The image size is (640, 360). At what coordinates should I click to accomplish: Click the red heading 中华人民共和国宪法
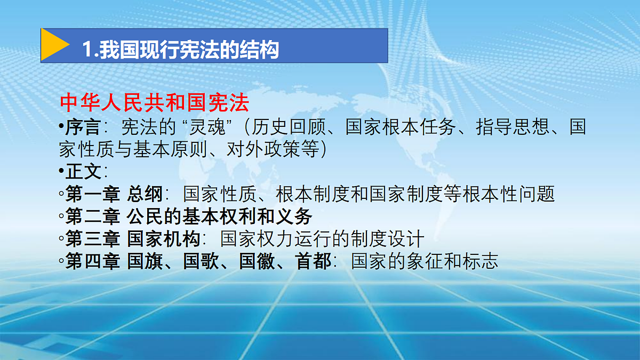155,103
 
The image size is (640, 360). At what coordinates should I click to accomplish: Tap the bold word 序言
83,127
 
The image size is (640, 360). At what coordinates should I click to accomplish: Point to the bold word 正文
83,171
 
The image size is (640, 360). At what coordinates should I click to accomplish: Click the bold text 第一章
93,194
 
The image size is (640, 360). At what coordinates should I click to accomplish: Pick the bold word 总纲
145,194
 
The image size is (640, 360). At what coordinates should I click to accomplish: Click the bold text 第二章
93,217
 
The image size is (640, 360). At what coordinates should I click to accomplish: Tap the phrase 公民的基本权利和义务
219,217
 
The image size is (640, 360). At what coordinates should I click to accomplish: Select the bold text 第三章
93,238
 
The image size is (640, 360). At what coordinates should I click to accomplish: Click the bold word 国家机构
163,238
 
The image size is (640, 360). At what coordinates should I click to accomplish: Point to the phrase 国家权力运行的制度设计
322,238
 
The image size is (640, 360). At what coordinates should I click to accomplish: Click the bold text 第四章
93,261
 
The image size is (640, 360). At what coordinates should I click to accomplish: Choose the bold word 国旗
145,261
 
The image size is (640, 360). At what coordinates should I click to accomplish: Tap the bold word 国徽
257,261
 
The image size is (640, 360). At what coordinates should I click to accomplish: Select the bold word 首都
314,261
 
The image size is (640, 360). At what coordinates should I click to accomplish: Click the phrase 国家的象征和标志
425,261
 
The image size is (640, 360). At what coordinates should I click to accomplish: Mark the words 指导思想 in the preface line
513,127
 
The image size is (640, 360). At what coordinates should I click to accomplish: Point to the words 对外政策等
273,149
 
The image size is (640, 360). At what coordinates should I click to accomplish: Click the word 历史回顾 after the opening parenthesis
289,127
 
